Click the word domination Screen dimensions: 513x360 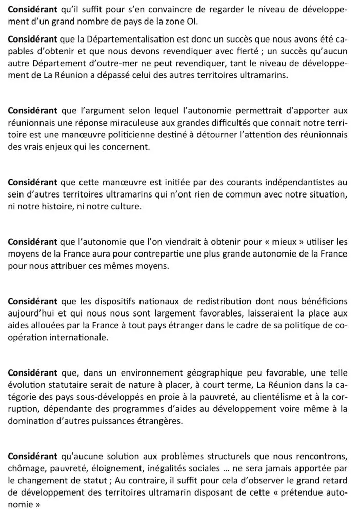(x=30, y=421)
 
